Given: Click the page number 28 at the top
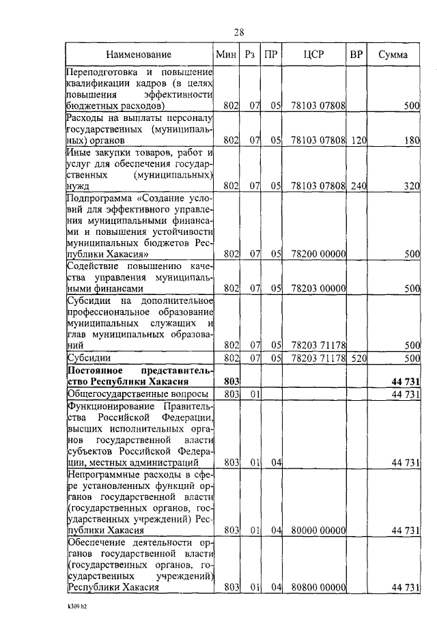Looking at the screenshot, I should (239, 32).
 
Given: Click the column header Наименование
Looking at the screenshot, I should (139, 54).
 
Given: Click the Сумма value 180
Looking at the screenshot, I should (410, 141).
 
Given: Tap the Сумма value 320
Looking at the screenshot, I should (410, 184).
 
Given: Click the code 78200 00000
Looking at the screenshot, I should (318, 254).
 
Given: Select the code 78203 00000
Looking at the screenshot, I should (318, 289).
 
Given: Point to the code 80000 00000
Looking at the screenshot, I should (318, 530).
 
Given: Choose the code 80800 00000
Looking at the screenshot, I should (318, 587).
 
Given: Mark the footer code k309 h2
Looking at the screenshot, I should (79, 606).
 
